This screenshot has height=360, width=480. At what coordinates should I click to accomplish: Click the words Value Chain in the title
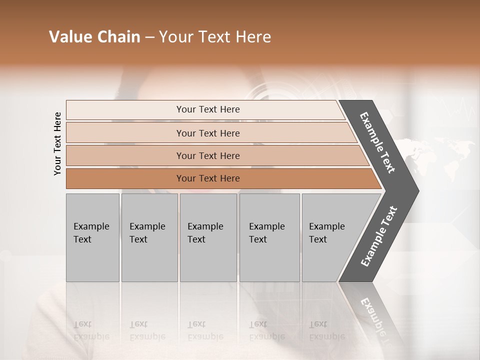[x=94, y=37]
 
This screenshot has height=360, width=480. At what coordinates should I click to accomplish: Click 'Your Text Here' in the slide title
[x=215, y=37]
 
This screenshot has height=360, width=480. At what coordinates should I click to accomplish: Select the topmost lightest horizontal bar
[x=125, y=110]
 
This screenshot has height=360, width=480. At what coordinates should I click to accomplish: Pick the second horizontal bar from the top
[x=125, y=133]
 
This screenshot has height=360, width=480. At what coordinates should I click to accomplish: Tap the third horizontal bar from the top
[x=125, y=156]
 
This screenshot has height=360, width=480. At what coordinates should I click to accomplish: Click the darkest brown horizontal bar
[x=125, y=178]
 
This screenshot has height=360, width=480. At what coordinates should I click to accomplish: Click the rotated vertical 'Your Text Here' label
[x=57, y=143]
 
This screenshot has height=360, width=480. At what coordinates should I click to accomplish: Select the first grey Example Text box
[x=92, y=237]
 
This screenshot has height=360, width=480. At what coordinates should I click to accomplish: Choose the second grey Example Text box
[x=149, y=237]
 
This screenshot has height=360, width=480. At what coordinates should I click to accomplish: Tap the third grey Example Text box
[x=207, y=237]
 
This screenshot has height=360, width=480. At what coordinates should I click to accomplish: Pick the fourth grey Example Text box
[x=269, y=237]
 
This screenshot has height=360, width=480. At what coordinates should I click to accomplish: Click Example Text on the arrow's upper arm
[x=377, y=142]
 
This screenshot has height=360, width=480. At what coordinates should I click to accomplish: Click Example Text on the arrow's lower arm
[x=378, y=236]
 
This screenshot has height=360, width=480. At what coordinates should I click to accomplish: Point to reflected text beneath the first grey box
[x=91, y=330]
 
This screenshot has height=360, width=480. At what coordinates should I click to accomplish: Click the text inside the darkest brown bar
[x=208, y=178]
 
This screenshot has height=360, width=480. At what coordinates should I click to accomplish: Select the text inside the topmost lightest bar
[x=208, y=109]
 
